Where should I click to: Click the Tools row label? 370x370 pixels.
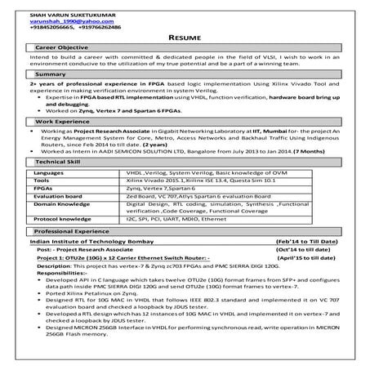tap(41, 181)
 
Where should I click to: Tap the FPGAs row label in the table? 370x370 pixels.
tap(42, 188)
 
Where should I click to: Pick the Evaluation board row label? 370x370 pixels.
tap(58, 196)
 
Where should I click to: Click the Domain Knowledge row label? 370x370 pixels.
tap(62, 203)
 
